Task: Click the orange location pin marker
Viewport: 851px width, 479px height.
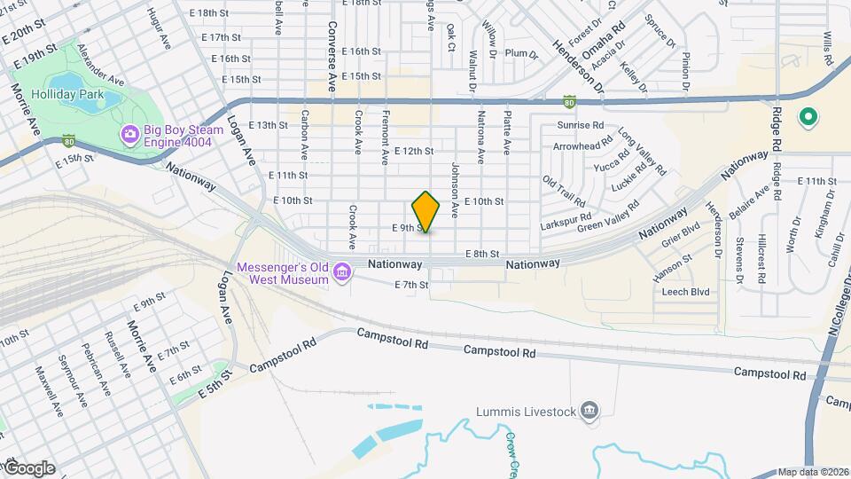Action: (426, 211)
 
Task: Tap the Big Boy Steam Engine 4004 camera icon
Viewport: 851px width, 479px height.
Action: (129, 134)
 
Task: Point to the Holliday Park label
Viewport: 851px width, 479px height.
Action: (67, 95)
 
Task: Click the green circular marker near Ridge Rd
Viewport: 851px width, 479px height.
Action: (808, 116)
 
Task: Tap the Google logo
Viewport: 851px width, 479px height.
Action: (28, 468)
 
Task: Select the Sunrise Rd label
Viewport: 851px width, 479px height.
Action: (580, 126)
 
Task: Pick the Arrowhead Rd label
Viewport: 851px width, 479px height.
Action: (582, 144)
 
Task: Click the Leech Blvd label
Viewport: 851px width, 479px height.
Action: (686, 291)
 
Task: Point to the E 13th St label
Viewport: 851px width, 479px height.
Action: (269, 125)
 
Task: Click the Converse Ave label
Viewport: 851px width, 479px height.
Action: (332, 57)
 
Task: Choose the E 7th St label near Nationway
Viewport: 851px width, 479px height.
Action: (411, 285)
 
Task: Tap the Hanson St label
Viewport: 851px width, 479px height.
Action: (672, 264)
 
